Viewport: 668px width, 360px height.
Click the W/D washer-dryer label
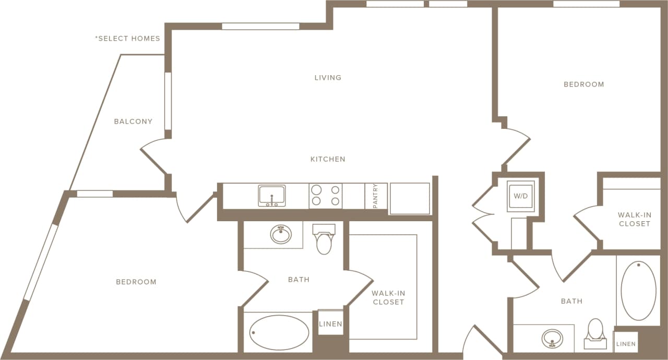coord(520,196)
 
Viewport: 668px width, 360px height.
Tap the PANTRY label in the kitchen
coord(376,196)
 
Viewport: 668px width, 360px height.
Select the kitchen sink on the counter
coord(271,196)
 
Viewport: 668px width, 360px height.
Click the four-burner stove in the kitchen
coord(326,196)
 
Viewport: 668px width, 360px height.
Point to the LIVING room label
coord(328,78)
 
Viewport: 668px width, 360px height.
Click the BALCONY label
coord(133,122)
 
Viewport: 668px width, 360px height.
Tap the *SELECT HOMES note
coord(127,39)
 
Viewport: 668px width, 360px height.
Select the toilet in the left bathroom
coord(324,239)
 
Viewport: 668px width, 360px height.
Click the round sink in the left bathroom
coord(281,234)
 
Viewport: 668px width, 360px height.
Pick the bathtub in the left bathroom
coord(279,332)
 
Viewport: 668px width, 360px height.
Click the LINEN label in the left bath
coord(330,324)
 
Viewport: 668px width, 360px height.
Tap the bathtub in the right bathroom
coord(638,291)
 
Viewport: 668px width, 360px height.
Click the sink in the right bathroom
coord(552,338)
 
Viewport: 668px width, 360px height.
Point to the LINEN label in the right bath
coord(626,344)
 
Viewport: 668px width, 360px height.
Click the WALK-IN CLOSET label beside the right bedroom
coord(634,219)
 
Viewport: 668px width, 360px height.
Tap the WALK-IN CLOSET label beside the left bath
coord(388,297)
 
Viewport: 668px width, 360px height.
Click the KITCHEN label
coord(328,159)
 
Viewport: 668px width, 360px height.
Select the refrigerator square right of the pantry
coord(409,198)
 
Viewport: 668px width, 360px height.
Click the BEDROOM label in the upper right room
coord(583,85)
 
